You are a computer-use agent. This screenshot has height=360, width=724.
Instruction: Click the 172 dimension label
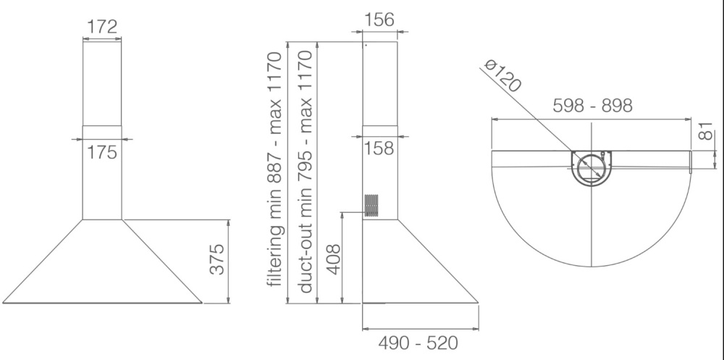(x=102, y=28)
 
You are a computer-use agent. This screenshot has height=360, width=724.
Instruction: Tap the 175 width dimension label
(x=102, y=152)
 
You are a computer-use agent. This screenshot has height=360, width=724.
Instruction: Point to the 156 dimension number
(x=379, y=20)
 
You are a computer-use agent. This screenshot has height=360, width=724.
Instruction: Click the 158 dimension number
(x=379, y=148)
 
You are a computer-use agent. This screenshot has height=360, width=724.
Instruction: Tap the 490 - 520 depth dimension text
(x=418, y=343)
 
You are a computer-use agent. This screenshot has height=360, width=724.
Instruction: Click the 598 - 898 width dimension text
(x=592, y=106)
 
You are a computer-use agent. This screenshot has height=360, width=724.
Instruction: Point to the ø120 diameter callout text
(x=503, y=75)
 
